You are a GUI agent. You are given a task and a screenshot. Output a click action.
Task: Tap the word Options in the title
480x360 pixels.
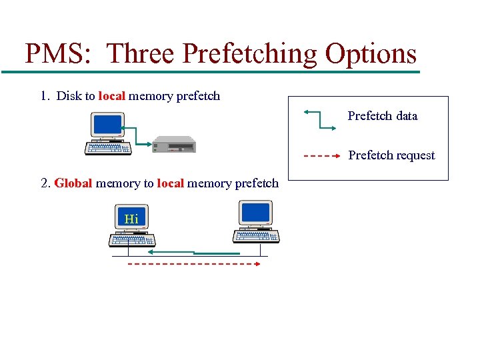click(x=365, y=53)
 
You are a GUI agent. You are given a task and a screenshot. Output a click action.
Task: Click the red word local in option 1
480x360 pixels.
click(x=111, y=96)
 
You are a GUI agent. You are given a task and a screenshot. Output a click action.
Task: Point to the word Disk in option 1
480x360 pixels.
click(x=69, y=96)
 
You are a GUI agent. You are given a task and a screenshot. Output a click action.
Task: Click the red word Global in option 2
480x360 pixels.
click(x=73, y=183)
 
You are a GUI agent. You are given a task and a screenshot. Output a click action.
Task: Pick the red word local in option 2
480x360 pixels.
click(x=170, y=183)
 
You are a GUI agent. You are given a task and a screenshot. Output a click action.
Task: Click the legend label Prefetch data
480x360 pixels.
click(x=383, y=116)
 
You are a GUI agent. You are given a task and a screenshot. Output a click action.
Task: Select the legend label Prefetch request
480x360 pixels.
click(x=391, y=155)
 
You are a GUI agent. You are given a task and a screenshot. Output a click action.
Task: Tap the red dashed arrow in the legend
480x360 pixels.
click(x=318, y=155)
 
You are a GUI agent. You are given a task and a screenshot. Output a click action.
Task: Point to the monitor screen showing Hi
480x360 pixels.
click(x=131, y=218)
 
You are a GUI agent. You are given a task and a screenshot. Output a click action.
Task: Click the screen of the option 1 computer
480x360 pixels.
click(x=107, y=125)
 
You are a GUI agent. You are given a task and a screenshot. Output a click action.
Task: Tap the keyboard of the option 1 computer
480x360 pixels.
click(x=108, y=149)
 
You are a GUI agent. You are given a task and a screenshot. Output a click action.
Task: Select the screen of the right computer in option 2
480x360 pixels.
click(x=256, y=213)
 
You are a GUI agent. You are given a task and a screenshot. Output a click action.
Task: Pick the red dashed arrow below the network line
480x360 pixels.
click(x=193, y=264)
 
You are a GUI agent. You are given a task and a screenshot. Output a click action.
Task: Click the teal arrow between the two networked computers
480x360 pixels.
click(x=193, y=253)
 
